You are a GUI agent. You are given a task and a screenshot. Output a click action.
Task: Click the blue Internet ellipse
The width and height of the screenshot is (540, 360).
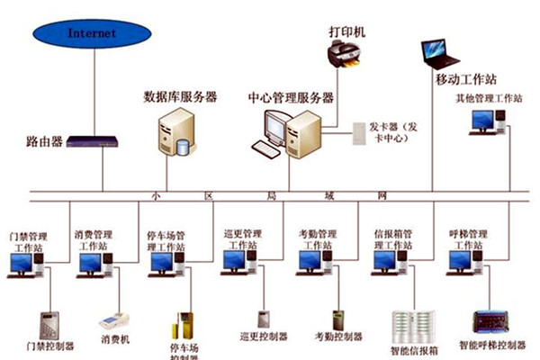[x=93, y=34]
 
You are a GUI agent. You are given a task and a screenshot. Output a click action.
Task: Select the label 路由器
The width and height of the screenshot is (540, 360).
[x=44, y=141]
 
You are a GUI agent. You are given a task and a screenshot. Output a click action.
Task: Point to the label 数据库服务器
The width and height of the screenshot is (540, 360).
[x=180, y=96]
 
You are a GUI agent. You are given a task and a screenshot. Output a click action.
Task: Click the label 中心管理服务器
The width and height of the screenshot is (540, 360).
[x=292, y=96]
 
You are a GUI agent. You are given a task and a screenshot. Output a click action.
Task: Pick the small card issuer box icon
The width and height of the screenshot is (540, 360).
[x=358, y=134]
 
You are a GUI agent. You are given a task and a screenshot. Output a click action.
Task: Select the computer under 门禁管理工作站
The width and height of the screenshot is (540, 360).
[x=25, y=265]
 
